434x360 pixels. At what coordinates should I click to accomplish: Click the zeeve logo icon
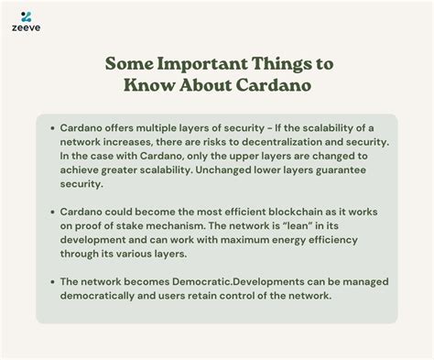tap(27, 16)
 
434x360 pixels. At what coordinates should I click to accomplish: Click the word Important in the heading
tap(196, 66)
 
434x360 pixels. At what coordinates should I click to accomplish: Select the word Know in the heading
tap(147, 87)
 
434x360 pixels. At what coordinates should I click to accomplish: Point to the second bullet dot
tap(53, 211)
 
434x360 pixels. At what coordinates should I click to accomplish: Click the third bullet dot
tap(53, 280)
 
